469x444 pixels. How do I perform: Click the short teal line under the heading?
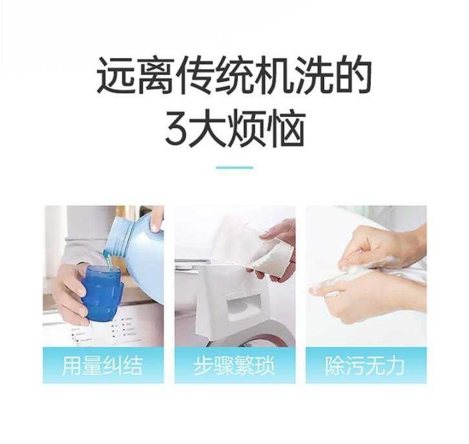(x=234, y=167)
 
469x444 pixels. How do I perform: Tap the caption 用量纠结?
(x=103, y=366)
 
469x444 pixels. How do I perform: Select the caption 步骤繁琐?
(x=234, y=366)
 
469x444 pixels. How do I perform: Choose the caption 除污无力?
(x=365, y=366)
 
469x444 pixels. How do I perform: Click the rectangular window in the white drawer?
(x=244, y=308)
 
